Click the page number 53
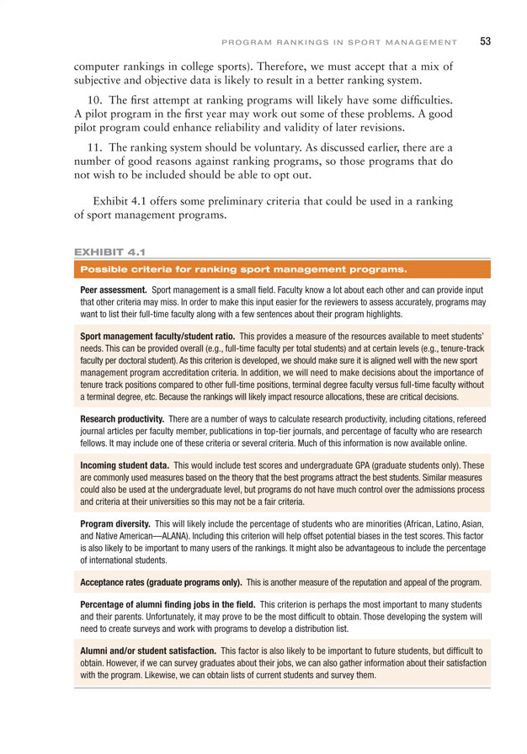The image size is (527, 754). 487,40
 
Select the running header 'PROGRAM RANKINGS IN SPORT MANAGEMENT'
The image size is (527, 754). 339,41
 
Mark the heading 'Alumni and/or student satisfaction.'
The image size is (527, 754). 146,651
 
